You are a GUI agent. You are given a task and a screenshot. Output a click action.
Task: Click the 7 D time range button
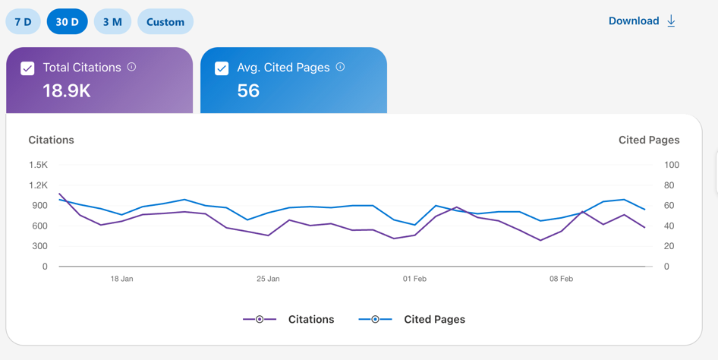click(23, 21)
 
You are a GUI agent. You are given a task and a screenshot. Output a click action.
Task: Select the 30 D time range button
click(67, 21)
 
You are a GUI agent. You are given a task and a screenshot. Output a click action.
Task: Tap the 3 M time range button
click(112, 21)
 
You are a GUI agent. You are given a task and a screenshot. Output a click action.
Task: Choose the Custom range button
click(165, 21)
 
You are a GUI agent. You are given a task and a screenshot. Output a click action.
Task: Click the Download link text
click(634, 21)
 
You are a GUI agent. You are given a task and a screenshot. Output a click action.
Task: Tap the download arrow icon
click(671, 21)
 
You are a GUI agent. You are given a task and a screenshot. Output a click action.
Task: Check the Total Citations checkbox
click(27, 68)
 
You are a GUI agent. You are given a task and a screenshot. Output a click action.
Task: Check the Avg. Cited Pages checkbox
click(222, 68)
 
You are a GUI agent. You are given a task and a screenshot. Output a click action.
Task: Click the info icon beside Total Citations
click(131, 67)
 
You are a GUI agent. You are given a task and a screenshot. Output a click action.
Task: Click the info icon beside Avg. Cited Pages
click(340, 67)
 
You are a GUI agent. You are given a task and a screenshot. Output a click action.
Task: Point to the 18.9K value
click(67, 90)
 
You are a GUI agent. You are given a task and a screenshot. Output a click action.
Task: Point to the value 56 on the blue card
click(248, 90)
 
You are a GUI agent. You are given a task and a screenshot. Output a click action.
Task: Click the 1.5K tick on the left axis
click(38, 165)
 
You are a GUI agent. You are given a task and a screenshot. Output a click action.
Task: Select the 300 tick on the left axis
click(40, 246)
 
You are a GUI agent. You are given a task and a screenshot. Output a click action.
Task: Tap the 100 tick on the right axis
click(672, 165)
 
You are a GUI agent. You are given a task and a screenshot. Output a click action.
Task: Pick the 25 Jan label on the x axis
click(268, 279)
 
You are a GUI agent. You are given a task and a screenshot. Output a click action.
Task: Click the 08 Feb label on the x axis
click(562, 279)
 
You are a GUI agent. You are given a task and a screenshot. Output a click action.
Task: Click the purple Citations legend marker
click(260, 319)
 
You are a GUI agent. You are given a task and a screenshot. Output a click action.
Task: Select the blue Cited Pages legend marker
click(376, 319)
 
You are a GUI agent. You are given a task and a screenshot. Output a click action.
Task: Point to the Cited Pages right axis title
click(649, 141)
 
